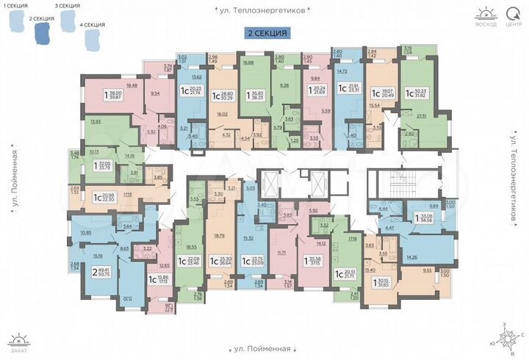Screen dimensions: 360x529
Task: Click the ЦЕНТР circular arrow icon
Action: click(512, 12)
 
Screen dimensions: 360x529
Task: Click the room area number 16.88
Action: click(248, 63)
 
